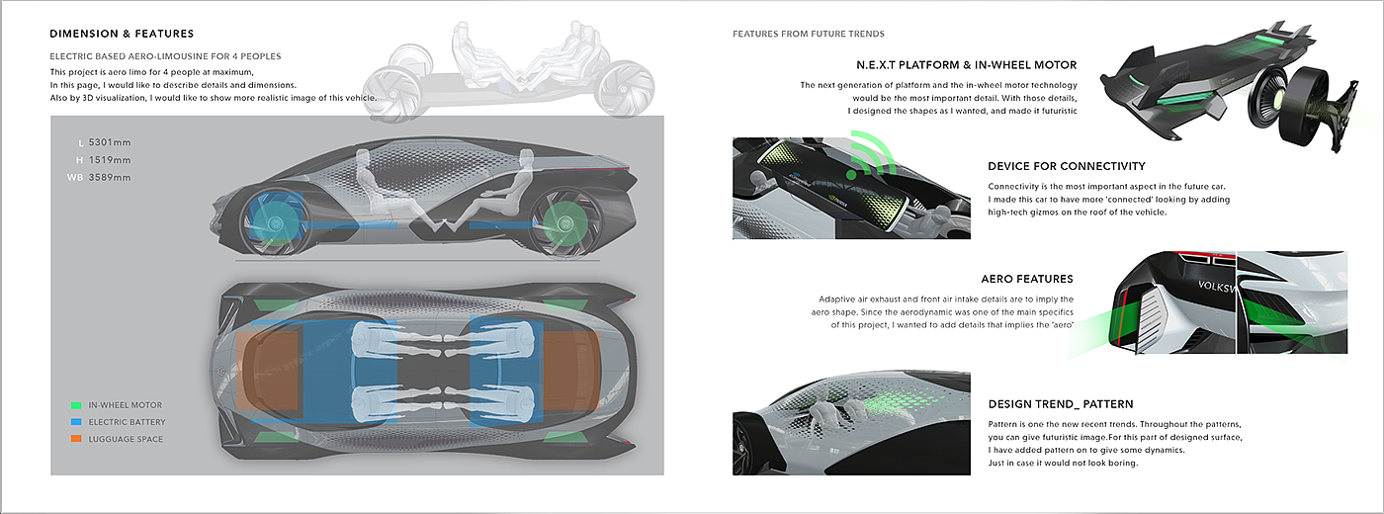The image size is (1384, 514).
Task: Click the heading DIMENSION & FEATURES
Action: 122,34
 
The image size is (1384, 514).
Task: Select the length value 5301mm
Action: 110,142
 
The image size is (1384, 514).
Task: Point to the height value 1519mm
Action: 110,160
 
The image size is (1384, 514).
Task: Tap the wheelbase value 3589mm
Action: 110,177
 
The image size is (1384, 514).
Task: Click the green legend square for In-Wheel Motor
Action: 76,405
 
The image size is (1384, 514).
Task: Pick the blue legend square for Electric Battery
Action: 76,422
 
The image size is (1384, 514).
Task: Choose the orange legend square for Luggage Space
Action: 76,439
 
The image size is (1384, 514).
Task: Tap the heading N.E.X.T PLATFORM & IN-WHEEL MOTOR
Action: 967,65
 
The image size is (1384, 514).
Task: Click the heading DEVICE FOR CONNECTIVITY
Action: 1067,166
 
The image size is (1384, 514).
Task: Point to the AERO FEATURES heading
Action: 1027,279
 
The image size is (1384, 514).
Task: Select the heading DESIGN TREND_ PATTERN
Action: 1060,404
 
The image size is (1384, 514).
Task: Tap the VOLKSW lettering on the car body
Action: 1216,287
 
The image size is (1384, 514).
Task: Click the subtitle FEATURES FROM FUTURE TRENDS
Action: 809,34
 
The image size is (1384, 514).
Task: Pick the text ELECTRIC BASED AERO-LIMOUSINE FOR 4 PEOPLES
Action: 166,56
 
